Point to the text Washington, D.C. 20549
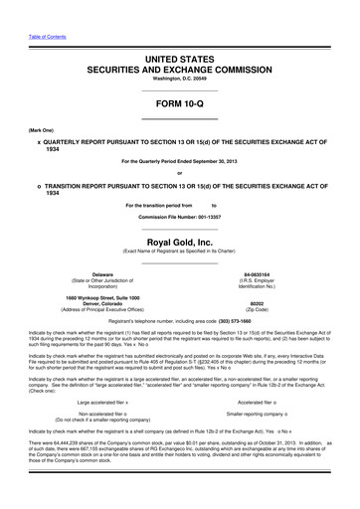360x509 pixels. pyautogui.click(x=179, y=85)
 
